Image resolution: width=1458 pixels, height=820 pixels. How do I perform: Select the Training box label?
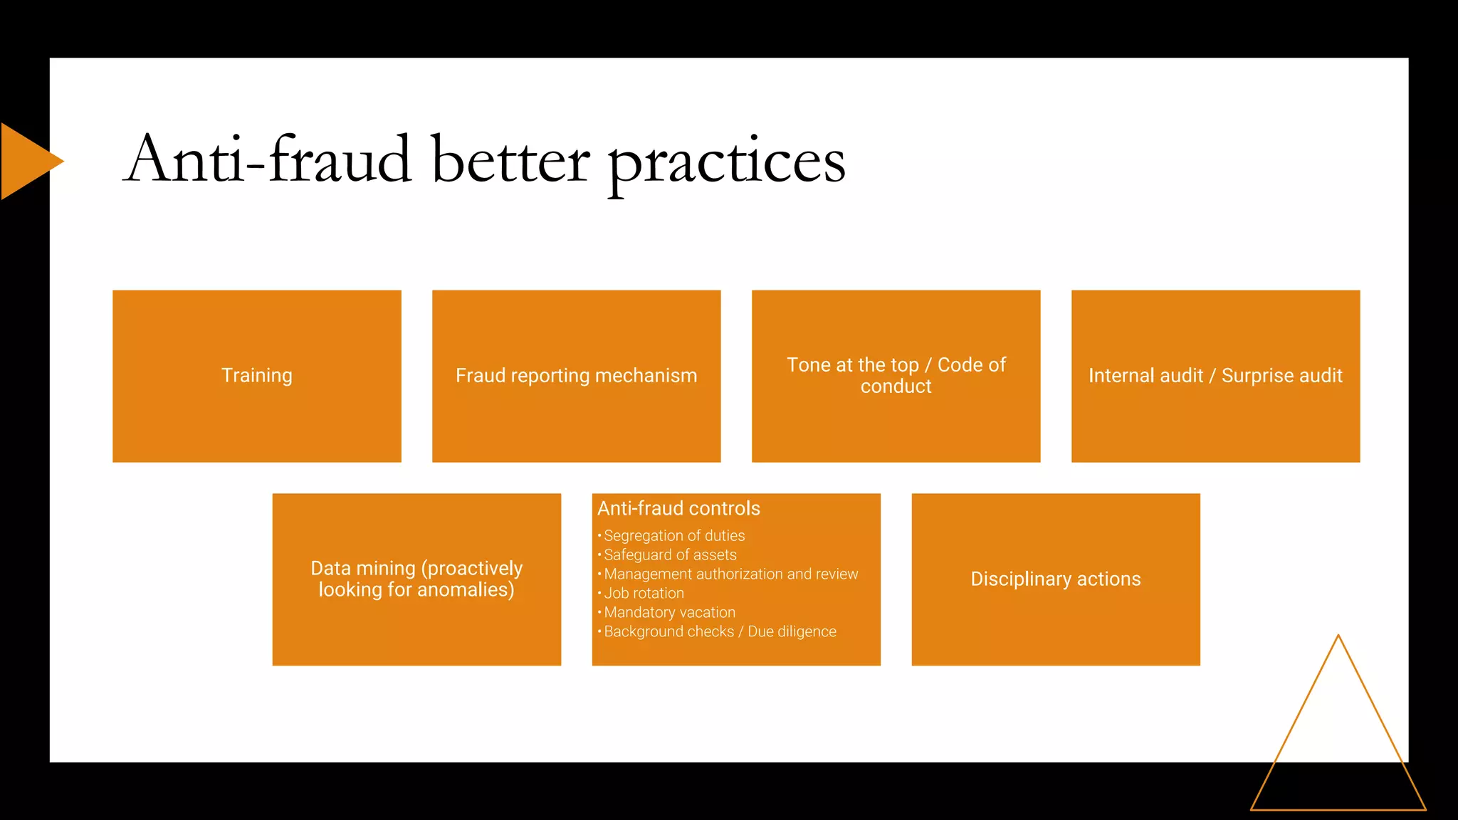[x=257, y=375]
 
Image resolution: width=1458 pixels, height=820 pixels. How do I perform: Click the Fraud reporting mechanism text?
[x=576, y=375]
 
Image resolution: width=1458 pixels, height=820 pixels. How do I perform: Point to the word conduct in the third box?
[x=896, y=387]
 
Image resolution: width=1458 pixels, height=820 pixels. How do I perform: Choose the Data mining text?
[x=363, y=568]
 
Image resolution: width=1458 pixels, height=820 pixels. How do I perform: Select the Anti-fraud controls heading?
[x=678, y=508]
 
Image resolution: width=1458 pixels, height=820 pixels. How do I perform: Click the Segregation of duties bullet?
[x=674, y=535]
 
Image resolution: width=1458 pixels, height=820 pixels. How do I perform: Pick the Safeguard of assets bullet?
[x=670, y=554]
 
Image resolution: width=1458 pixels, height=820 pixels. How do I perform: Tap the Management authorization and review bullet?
[x=731, y=574]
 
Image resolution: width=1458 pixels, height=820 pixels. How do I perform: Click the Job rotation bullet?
[x=644, y=593]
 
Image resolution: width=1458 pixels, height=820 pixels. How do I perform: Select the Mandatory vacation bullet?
[x=669, y=612]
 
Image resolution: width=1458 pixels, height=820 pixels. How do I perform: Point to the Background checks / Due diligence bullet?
[x=720, y=631]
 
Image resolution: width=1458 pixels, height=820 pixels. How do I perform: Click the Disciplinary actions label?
[x=1055, y=579]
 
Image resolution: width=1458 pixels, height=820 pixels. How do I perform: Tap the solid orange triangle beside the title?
[x=25, y=161]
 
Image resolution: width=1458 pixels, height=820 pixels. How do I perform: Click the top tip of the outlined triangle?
[x=1338, y=636]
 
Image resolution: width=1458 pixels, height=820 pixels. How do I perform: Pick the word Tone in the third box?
[x=808, y=365]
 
